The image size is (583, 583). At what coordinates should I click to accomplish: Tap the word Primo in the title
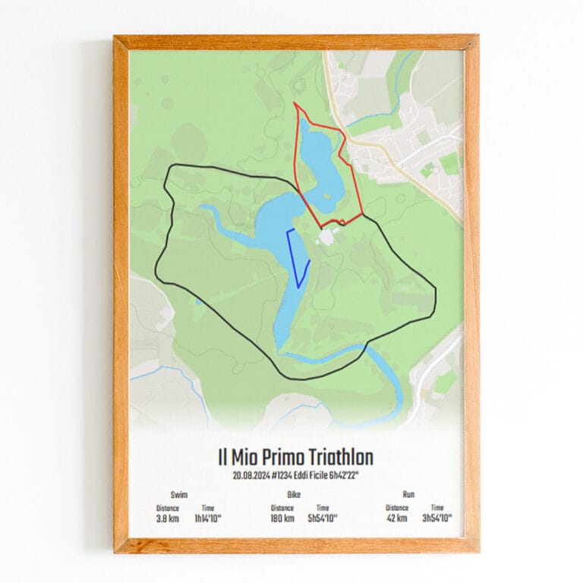pyautogui.click(x=279, y=458)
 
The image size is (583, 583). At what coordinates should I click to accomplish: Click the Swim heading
pyautogui.click(x=180, y=494)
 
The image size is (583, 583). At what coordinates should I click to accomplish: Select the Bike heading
pyautogui.click(x=295, y=494)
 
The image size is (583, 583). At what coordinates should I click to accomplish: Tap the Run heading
pyautogui.click(x=408, y=494)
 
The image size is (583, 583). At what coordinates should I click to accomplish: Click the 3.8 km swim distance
pyautogui.click(x=167, y=518)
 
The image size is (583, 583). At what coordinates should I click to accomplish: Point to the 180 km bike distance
pyautogui.click(x=282, y=518)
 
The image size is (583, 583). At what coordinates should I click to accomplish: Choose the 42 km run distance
pyautogui.click(x=396, y=518)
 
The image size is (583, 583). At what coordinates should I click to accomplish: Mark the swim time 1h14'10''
pyautogui.click(x=208, y=518)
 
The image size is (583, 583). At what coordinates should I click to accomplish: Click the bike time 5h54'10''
pyautogui.click(x=323, y=518)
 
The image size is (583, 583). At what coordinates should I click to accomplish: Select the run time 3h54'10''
pyautogui.click(x=437, y=518)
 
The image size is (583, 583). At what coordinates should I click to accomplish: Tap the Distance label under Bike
pyautogui.click(x=282, y=508)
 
